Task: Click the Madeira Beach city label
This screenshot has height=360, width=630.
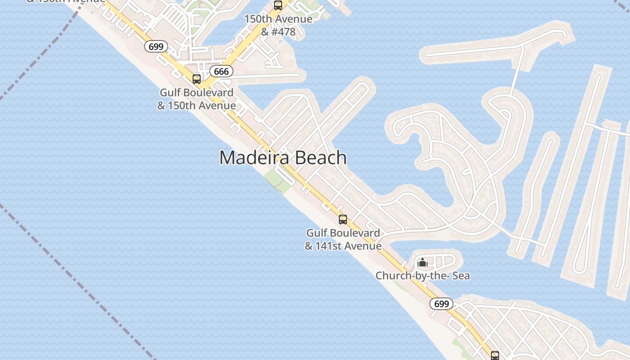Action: (283, 158)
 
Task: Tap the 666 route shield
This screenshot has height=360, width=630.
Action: (221, 71)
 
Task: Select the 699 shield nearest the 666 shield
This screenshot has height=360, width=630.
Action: (156, 46)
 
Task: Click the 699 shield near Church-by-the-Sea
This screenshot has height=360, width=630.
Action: (441, 304)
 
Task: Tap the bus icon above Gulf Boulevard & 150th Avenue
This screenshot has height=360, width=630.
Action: (197, 79)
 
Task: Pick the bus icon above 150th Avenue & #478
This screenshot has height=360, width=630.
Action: (278, 5)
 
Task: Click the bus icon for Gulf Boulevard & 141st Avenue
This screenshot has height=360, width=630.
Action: (343, 220)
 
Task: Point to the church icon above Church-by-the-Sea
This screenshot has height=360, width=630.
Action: (423, 262)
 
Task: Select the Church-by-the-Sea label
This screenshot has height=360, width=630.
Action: (423, 275)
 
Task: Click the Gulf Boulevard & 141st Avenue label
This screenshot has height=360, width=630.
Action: (343, 239)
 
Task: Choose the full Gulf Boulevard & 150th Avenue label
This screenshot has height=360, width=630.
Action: (197, 99)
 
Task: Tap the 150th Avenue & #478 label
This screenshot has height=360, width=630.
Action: (278, 25)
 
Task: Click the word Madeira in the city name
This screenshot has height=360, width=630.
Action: (252, 158)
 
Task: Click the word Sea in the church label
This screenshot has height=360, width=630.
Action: (461, 275)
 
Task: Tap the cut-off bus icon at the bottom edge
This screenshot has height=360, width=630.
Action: (495, 356)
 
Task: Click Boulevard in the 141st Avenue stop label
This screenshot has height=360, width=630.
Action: (357, 233)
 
